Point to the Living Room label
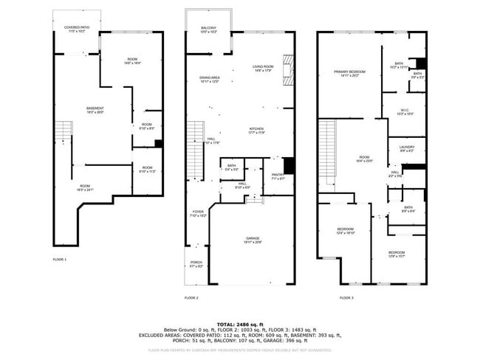(x=262, y=68)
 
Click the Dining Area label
(x=210, y=79)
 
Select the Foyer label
(x=198, y=213)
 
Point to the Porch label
(x=196, y=264)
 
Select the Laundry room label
(x=405, y=149)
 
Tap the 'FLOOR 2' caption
(x=191, y=298)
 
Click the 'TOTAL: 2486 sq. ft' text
(x=240, y=324)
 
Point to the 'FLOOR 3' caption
(x=346, y=298)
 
